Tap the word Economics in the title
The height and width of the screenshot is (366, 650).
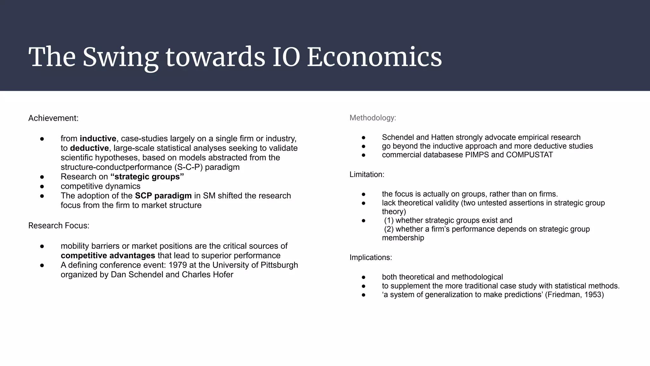pos(374,57)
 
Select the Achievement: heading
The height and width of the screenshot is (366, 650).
pos(53,118)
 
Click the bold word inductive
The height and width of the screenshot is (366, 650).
pos(98,139)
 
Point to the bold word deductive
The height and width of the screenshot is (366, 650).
pos(89,148)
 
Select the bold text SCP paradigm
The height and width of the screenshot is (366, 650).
pos(163,196)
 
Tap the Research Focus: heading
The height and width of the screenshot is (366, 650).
pos(59,226)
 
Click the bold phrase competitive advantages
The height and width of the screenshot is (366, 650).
pos(108,255)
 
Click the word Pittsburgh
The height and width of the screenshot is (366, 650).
pos(280,265)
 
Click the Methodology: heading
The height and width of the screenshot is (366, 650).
pos(373,118)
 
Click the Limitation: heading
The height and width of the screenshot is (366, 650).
pos(367,174)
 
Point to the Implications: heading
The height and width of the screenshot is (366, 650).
pos(371,257)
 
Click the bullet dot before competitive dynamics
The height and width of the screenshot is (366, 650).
pos(42,186)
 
